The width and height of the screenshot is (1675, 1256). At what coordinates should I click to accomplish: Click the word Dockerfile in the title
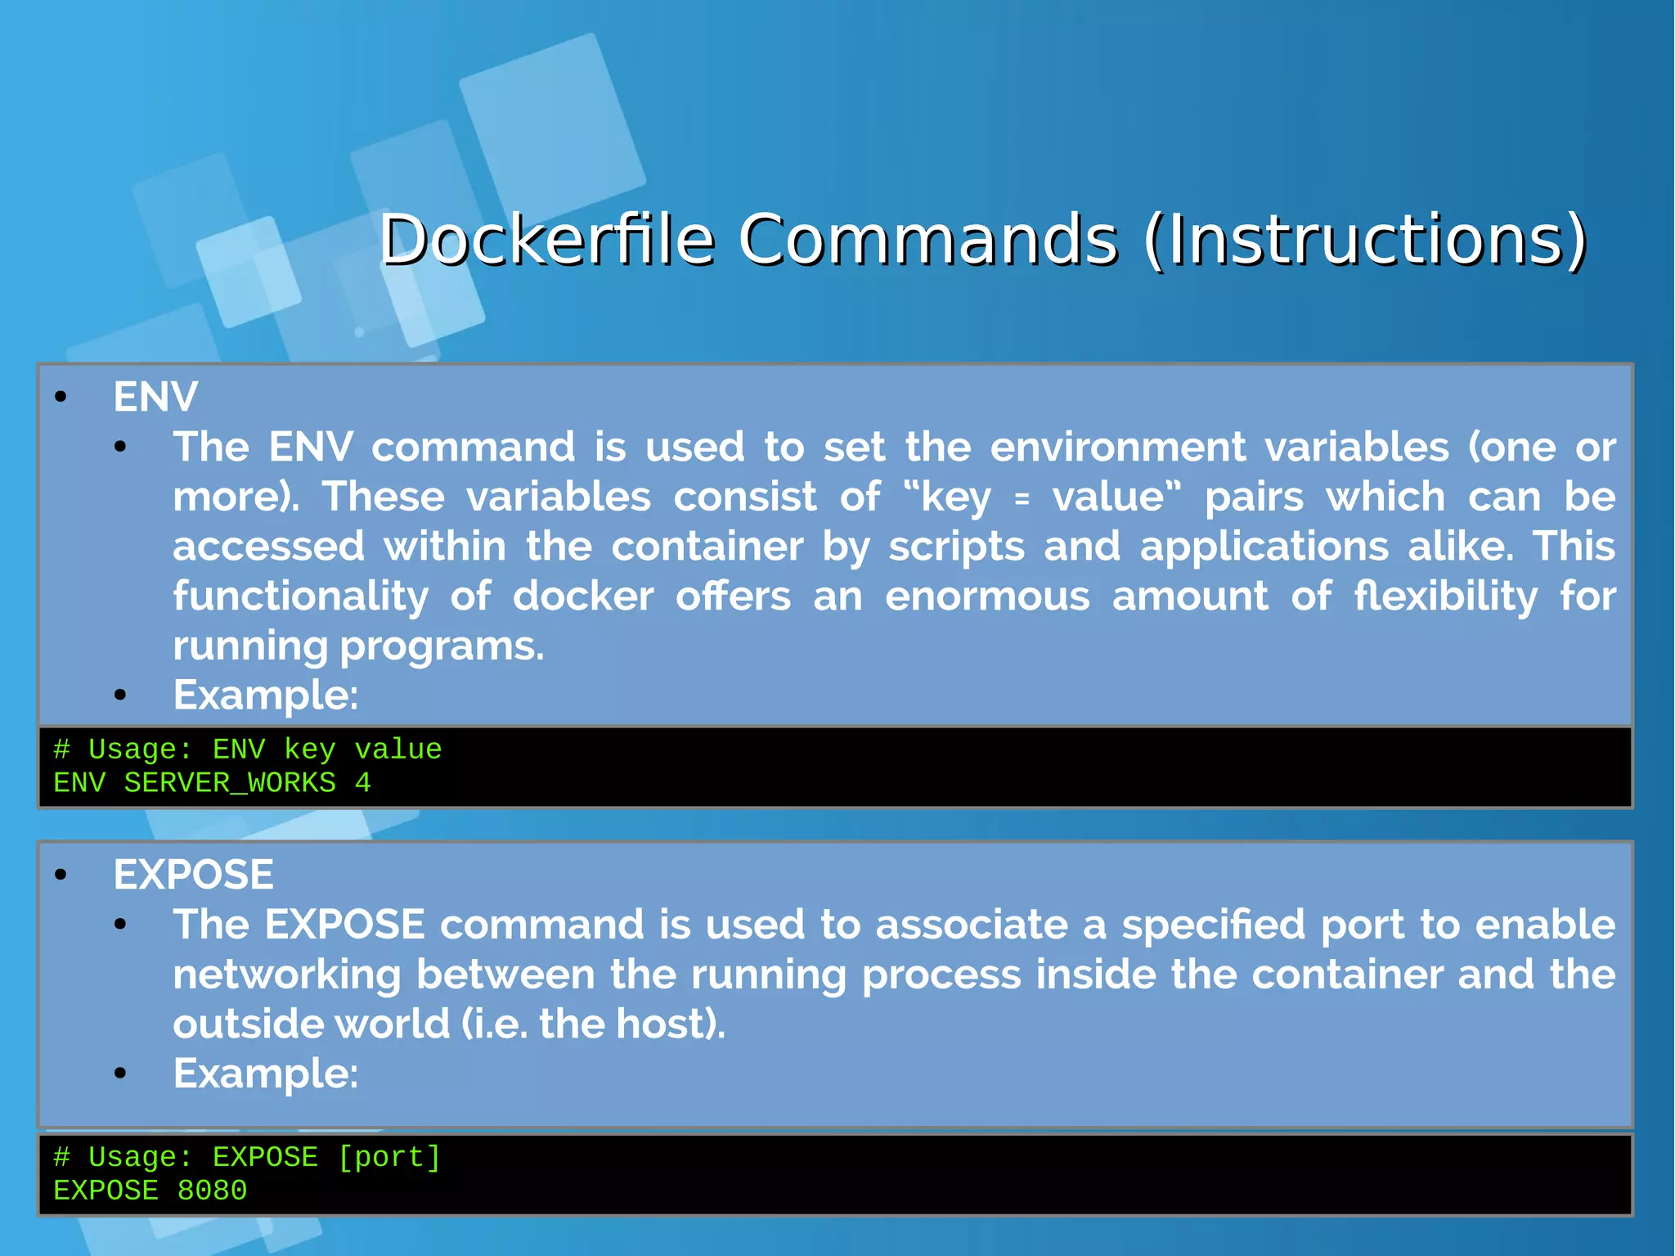tap(546, 240)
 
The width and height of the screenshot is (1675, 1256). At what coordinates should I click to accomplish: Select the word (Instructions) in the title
tap(1365, 240)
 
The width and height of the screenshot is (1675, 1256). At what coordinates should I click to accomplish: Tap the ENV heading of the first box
tap(155, 398)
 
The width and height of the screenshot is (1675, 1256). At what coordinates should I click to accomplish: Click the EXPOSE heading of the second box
tap(193, 875)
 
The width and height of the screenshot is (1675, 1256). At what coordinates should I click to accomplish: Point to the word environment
tap(1117, 448)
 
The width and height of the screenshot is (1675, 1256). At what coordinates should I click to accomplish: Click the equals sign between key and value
tap(1021, 498)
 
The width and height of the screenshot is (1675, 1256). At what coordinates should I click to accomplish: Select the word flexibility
tap(1445, 596)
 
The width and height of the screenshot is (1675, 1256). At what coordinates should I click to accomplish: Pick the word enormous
tap(987, 596)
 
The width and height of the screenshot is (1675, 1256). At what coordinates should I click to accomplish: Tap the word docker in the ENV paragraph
tap(582, 596)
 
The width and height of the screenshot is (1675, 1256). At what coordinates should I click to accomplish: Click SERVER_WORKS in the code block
tap(230, 783)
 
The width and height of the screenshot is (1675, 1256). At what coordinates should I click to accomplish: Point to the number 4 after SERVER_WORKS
tap(362, 783)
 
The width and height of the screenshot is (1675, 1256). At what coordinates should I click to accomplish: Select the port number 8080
tap(212, 1191)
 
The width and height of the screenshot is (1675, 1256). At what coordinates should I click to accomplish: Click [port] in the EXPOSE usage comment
tap(389, 1157)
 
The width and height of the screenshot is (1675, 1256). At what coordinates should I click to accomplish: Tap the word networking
tap(287, 975)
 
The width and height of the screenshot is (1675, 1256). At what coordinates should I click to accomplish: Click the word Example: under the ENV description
tap(266, 696)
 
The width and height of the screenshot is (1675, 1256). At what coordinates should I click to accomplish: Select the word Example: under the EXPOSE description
tap(266, 1074)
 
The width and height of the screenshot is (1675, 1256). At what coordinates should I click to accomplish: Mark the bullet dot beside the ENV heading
tap(61, 398)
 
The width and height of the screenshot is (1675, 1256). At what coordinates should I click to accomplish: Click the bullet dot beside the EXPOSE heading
tap(61, 876)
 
